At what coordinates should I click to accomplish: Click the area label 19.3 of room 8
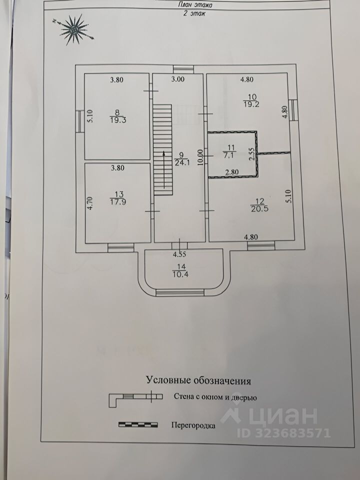pyautogui.click(x=117, y=120)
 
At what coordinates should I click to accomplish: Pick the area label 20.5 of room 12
pyautogui.click(x=256, y=209)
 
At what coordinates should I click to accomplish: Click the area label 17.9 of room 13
pyautogui.click(x=117, y=202)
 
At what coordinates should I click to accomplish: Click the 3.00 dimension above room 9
pyautogui.click(x=178, y=79)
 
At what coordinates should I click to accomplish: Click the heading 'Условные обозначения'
pyautogui.click(x=198, y=380)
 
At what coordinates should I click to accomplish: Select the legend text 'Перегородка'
pyautogui.click(x=193, y=426)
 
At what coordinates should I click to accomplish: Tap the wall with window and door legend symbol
pyautogui.click(x=136, y=397)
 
